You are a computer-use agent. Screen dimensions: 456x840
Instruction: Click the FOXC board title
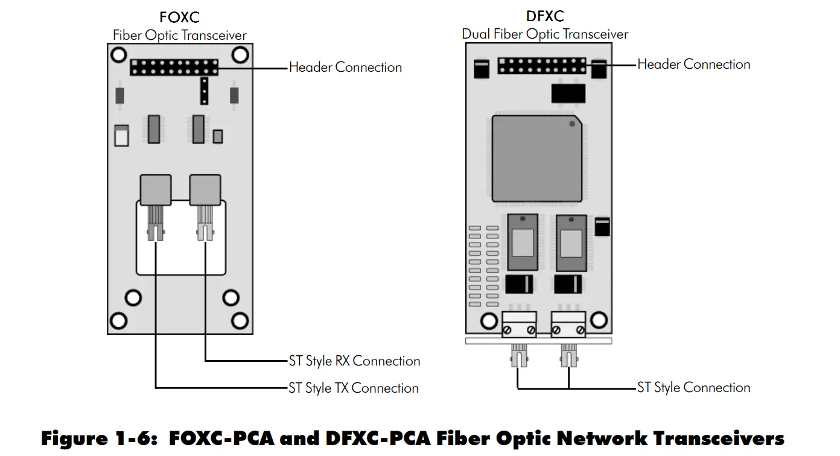point(179,17)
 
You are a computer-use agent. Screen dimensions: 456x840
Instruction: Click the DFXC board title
point(545,16)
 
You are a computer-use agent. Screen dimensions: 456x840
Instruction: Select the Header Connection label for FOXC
point(345,67)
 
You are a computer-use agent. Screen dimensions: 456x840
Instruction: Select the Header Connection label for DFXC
point(693,64)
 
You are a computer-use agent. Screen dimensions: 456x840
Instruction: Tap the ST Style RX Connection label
point(354,361)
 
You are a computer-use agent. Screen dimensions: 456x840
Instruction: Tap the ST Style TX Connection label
point(353,388)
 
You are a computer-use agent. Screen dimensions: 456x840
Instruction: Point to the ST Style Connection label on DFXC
point(693,387)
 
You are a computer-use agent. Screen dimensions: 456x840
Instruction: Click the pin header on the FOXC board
point(174,67)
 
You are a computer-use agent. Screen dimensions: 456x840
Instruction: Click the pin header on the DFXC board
point(541,65)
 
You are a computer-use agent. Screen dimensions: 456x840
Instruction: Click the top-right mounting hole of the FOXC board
point(240,55)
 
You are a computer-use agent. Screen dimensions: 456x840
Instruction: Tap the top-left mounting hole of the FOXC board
point(119,55)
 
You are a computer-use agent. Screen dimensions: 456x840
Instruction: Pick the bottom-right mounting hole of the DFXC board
point(599,319)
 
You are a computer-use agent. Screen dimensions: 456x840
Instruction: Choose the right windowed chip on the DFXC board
point(570,242)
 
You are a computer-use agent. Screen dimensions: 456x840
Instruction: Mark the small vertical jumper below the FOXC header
point(205,90)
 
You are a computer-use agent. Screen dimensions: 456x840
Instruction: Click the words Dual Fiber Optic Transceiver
point(545,34)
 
